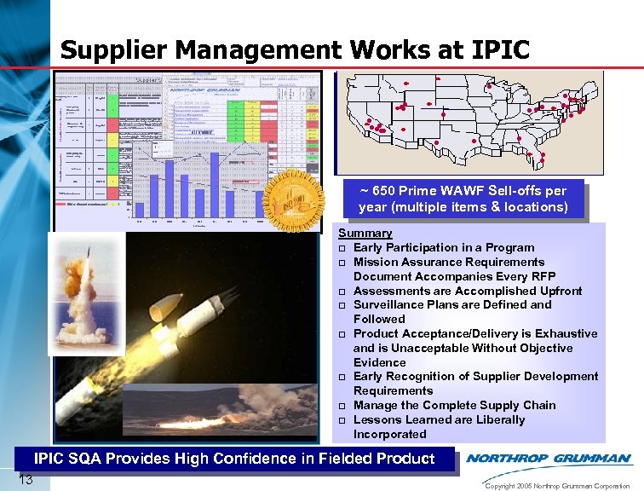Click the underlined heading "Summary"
(x=365, y=233)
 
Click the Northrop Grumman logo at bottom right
(x=549, y=458)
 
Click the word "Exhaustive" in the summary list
(x=566, y=333)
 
